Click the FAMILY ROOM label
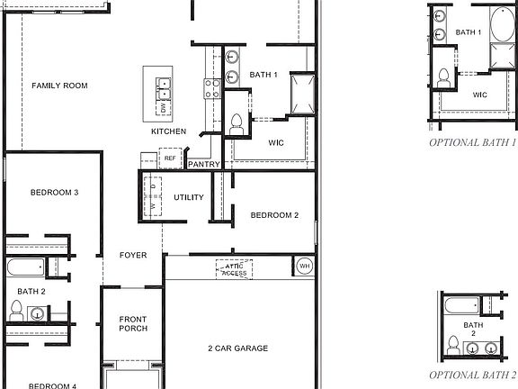click(x=59, y=86)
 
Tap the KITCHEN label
click(x=169, y=131)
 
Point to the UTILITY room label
click(x=189, y=197)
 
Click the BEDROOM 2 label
click(x=273, y=215)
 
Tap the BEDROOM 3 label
click(x=54, y=192)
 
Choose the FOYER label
click(x=133, y=256)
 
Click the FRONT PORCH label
click(x=133, y=322)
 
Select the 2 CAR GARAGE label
click(x=238, y=348)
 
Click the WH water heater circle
click(x=305, y=267)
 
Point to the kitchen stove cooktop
click(x=213, y=88)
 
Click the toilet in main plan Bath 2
click(x=15, y=311)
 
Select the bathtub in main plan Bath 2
click(x=24, y=268)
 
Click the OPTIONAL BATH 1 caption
click(x=472, y=142)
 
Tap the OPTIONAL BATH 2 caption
click(x=472, y=375)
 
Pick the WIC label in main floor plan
click(x=277, y=142)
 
